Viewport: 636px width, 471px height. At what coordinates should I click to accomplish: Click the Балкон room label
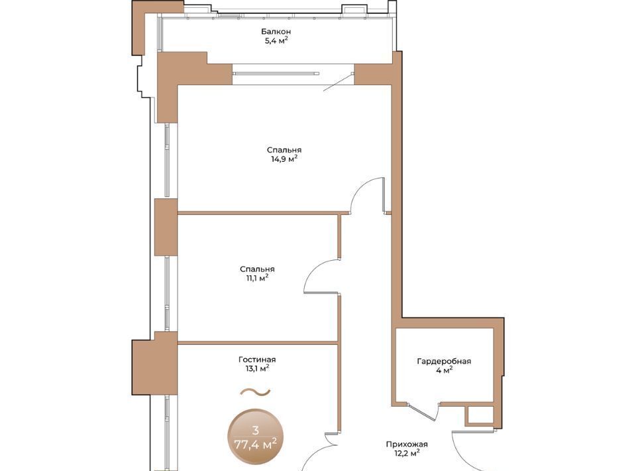(x=276, y=31)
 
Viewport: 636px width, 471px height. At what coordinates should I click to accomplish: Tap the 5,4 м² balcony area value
(x=276, y=40)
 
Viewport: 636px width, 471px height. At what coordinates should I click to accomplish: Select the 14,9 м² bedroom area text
(x=284, y=159)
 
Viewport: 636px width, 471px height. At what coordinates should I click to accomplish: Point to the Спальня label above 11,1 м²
(x=257, y=269)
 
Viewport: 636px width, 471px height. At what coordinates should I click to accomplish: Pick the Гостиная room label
(x=257, y=360)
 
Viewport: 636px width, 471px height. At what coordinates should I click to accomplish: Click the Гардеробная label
(x=444, y=362)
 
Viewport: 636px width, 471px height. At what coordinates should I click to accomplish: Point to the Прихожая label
(x=407, y=444)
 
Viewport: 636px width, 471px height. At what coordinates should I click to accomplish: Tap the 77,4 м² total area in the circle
(x=256, y=444)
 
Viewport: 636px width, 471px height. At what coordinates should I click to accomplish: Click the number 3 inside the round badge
(x=255, y=431)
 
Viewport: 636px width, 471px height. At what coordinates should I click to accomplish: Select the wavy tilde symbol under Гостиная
(x=255, y=392)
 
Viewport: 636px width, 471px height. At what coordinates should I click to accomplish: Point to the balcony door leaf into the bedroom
(x=337, y=82)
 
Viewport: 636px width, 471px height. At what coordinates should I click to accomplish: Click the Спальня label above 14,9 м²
(x=284, y=150)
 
